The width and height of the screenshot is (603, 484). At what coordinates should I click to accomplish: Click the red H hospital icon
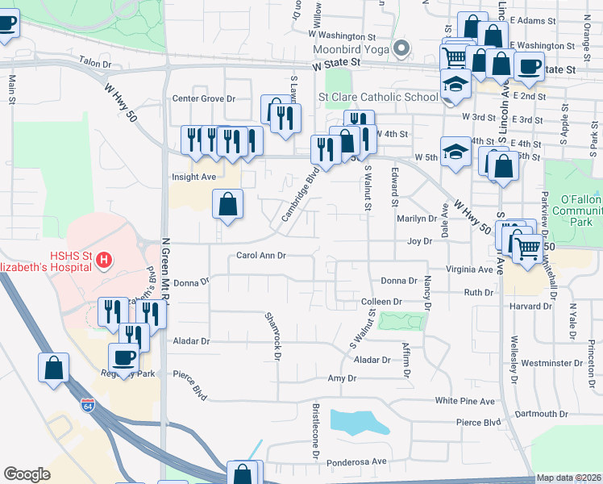[103, 260]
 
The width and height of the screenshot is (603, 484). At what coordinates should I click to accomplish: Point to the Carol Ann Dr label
[261, 256]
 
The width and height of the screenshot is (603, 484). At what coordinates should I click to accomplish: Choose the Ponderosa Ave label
[358, 461]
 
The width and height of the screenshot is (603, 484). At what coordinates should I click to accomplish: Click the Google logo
[27, 474]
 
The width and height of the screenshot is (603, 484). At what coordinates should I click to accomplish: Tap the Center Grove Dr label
[203, 98]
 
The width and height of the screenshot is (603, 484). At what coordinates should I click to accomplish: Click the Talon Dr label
[95, 60]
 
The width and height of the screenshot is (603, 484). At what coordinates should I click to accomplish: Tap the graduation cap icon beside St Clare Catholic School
[455, 84]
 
